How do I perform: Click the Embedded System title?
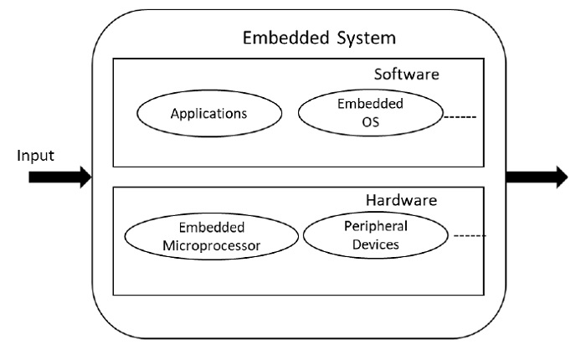coord(319,39)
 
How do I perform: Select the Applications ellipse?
coord(208,112)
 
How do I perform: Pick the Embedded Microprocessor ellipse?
coord(211,237)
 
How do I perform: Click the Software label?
coord(406,75)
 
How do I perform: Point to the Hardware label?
coord(401,201)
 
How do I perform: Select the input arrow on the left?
coord(59,177)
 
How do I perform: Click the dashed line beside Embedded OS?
coord(460,116)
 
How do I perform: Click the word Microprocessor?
coord(211,245)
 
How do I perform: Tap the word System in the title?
coord(364,39)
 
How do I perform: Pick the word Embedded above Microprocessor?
coord(211,228)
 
